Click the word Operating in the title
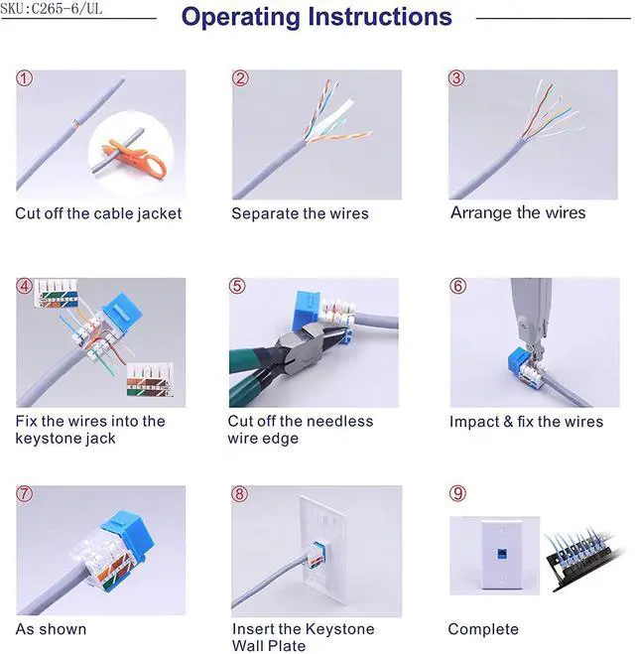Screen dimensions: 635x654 pyautogui.click(x=240, y=18)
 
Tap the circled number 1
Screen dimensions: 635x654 pyautogui.click(x=24, y=78)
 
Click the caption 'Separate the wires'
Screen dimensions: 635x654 pyautogui.click(x=301, y=213)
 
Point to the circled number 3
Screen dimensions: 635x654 pyautogui.click(x=456, y=78)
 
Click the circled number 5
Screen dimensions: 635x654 pyautogui.click(x=237, y=286)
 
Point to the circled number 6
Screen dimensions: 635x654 pyautogui.click(x=457, y=286)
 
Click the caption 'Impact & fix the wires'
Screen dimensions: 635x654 pyautogui.click(x=526, y=422)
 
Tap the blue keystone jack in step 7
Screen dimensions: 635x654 pyautogui.click(x=126, y=534)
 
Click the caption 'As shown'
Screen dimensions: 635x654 pyautogui.click(x=51, y=629)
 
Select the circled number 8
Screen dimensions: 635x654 pyautogui.click(x=239, y=494)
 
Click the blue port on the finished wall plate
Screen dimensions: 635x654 pyautogui.click(x=502, y=555)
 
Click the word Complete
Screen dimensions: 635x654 pyautogui.click(x=483, y=629)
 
